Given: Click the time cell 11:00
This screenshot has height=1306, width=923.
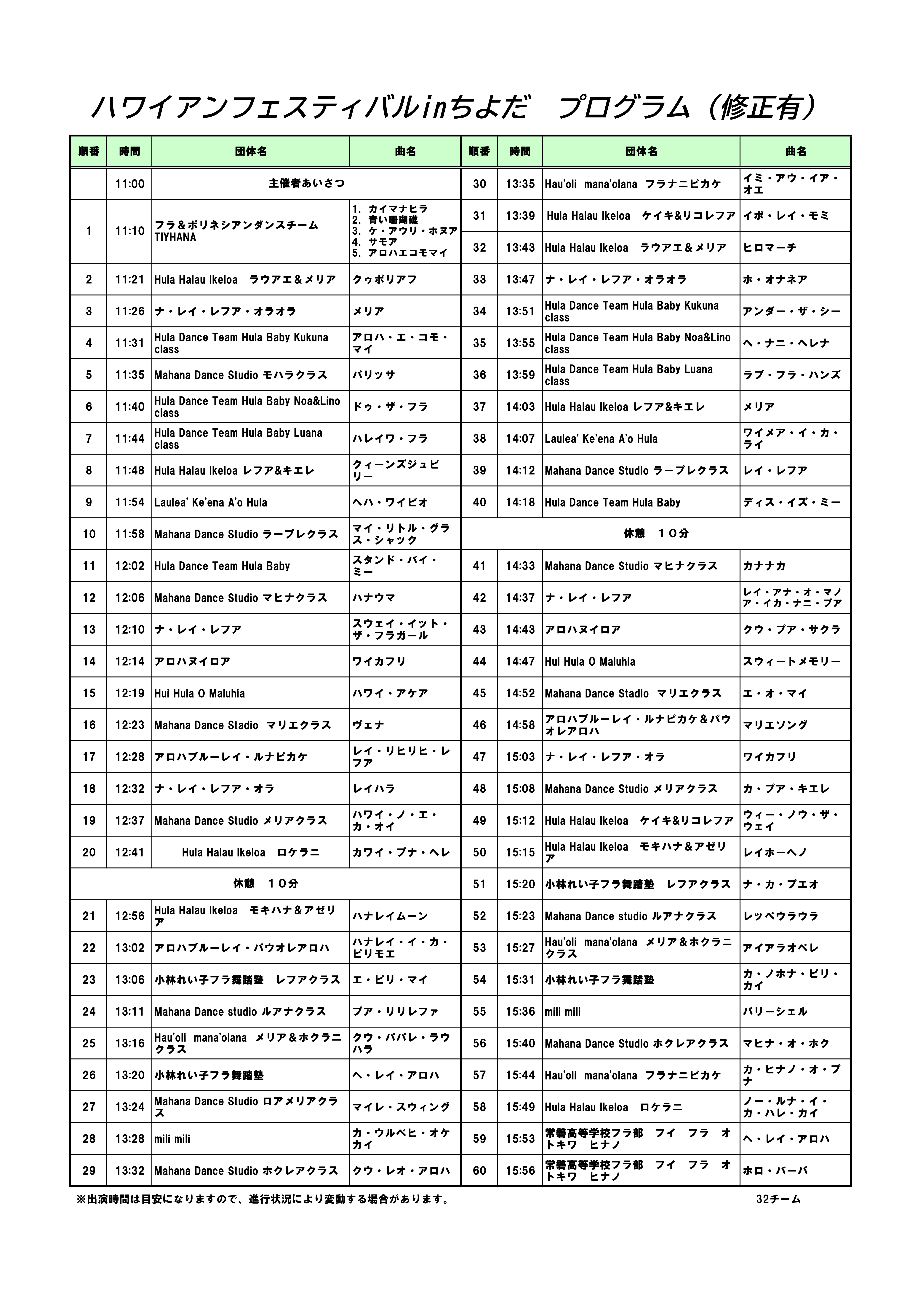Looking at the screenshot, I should (x=130, y=184).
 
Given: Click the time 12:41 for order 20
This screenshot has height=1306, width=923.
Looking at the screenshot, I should (x=130, y=852).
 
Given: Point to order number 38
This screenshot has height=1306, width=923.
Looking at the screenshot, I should (x=479, y=439).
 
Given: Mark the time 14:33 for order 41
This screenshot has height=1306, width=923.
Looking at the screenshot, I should (x=520, y=566).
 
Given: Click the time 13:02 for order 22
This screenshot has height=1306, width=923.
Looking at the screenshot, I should (x=130, y=948).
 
